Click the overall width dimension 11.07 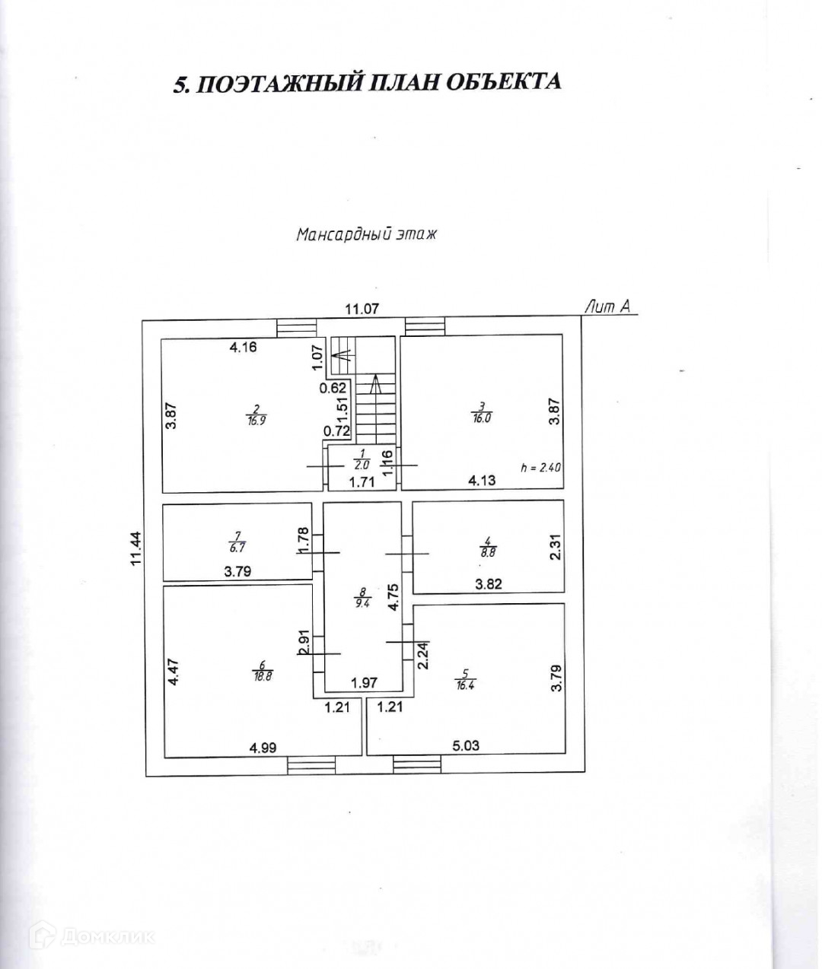pyautogui.click(x=362, y=309)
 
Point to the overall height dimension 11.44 pyautogui.click(x=136, y=548)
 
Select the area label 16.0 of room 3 pyautogui.click(x=482, y=418)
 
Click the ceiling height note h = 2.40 pyautogui.click(x=540, y=468)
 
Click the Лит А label pyautogui.click(x=608, y=307)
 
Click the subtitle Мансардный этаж pyautogui.click(x=367, y=234)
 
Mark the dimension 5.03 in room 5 pyautogui.click(x=466, y=746)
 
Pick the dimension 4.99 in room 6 pyautogui.click(x=263, y=747)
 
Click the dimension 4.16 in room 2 pyautogui.click(x=244, y=348)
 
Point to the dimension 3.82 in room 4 pyautogui.click(x=489, y=584)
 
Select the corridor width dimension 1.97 pyautogui.click(x=364, y=683)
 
